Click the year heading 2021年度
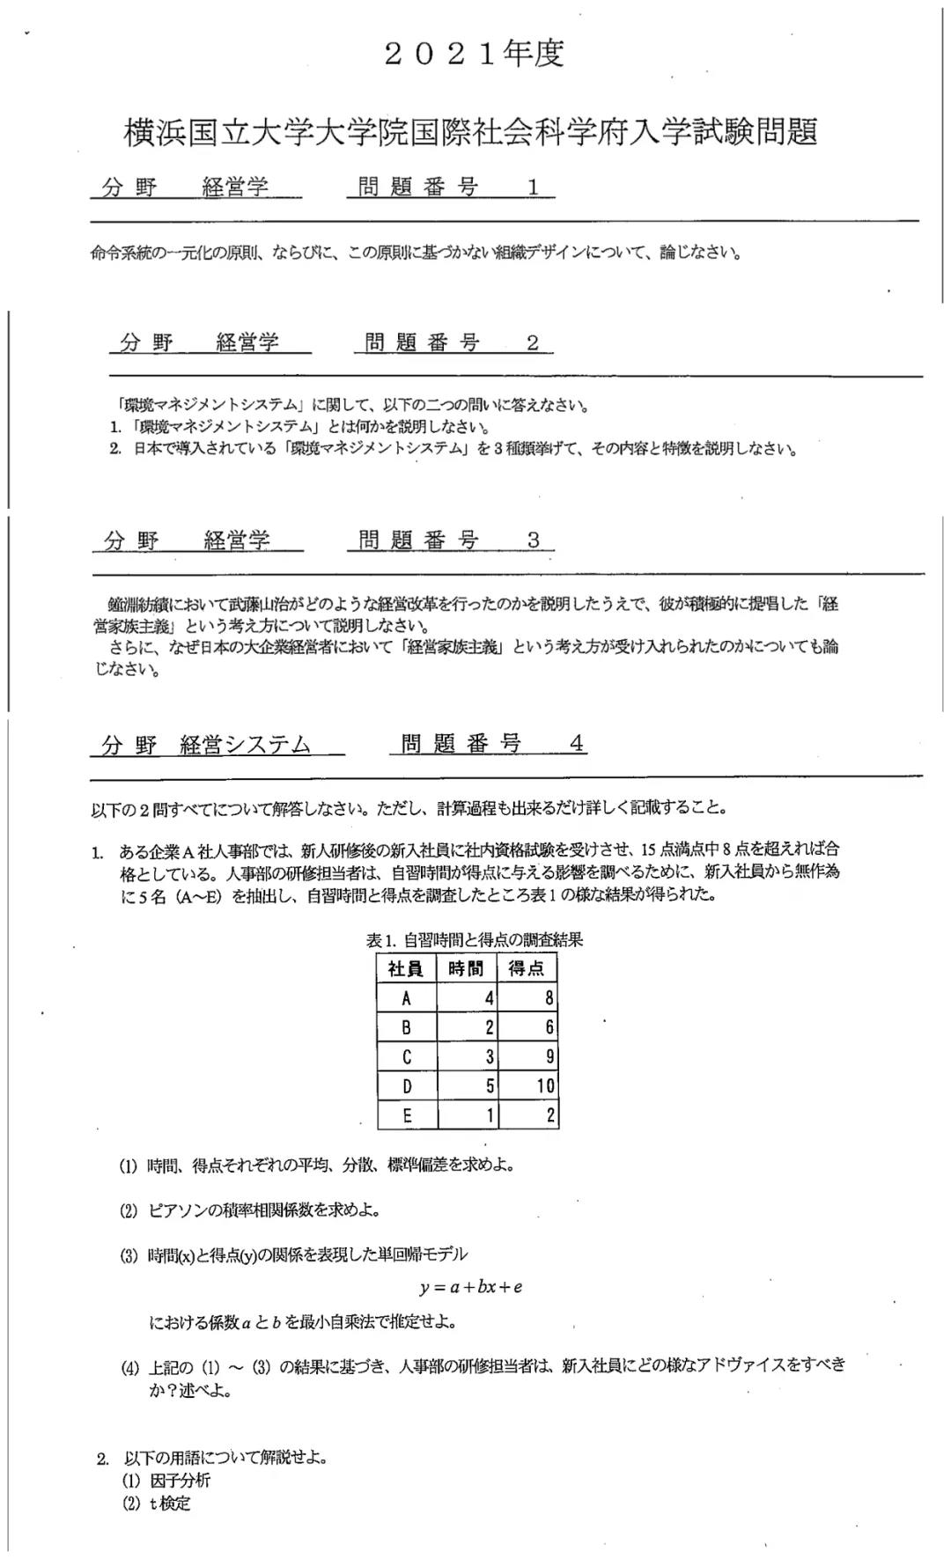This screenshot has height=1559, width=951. coord(474,55)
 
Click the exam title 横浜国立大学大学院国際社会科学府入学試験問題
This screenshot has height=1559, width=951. coord(471,133)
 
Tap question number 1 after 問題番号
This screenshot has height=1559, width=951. coord(533,188)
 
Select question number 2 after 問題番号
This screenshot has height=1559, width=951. coord(532,343)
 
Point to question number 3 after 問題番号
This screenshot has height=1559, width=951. coord(533,541)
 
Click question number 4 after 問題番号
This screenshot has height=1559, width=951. coord(576,745)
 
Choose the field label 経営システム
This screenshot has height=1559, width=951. coord(246,746)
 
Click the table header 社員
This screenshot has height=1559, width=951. coord(406,969)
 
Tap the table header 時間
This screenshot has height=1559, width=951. coord(466,969)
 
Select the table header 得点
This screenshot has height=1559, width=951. coord(527,969)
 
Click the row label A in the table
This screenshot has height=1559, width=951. coord(406,998)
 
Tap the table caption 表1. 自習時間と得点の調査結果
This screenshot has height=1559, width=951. coord(475,940)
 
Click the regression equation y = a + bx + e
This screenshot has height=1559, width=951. coord(471,1287)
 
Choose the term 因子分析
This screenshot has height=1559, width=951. coord(181,1481)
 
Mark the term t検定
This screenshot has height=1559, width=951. coord(169,1504)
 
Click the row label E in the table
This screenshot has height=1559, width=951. coord(406,1116)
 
